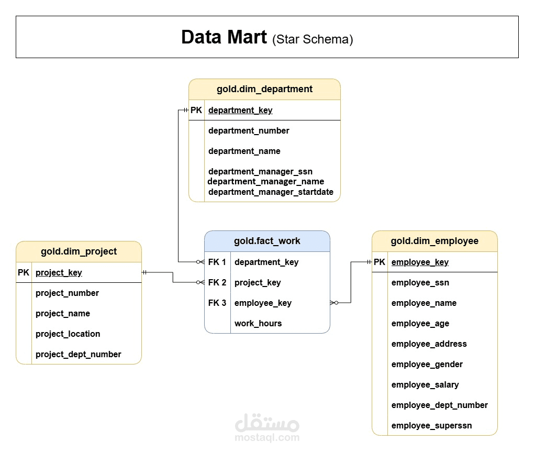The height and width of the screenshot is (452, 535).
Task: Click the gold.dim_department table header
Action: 264,89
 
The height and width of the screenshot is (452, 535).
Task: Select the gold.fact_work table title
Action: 267,241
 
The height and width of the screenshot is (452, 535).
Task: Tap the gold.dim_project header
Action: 79,251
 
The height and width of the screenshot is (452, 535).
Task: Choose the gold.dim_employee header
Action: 434,241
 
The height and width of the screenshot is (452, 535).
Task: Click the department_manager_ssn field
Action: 260,171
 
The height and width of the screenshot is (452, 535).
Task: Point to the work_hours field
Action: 258,323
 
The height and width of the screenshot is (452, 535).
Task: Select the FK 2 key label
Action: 217,282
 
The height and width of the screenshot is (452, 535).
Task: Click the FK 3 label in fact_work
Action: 217,303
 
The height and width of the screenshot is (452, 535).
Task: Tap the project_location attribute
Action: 68,334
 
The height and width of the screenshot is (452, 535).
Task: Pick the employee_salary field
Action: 425,384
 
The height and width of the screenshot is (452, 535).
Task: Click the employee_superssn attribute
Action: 431,425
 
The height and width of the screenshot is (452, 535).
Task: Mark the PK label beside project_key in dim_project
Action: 24,272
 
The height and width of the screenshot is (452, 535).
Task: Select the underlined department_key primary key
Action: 240,110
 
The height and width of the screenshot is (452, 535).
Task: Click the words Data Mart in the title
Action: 224,37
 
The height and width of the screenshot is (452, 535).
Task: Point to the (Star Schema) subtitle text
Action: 313,39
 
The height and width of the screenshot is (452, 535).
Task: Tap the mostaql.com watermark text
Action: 267,437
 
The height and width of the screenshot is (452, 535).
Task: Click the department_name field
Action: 244,151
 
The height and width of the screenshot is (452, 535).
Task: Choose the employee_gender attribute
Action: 427,364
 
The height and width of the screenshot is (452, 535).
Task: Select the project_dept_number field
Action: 79,354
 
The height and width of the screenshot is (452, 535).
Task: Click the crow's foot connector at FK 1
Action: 200,262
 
